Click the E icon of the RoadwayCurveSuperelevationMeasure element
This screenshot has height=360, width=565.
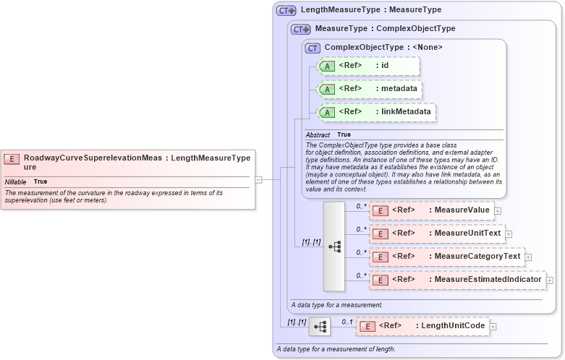(12, 158)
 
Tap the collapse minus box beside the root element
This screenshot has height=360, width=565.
(258, 179)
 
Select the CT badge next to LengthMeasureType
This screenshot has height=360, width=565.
(286, 10)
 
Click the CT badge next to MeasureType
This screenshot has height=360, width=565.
(300, 29)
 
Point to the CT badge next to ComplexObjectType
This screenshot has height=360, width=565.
(313, 48)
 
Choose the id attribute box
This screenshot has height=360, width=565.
(369, 67)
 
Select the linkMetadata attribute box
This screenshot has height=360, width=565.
(377, 112)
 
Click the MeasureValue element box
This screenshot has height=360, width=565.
(430, 210)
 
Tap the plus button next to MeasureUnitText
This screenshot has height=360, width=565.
(509, 234)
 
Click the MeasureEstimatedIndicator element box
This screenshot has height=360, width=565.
(456, 280)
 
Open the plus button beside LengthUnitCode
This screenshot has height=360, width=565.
(493, 327)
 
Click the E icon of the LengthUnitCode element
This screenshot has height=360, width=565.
(368, 327)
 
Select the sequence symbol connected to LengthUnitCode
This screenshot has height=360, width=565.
(319, 327)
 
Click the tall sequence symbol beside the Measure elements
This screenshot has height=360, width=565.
(334, 247)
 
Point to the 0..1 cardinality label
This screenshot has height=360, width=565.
(347, 321)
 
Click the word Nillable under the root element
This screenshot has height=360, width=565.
(16, 181)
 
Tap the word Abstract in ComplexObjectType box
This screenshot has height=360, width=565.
(318, 135)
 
